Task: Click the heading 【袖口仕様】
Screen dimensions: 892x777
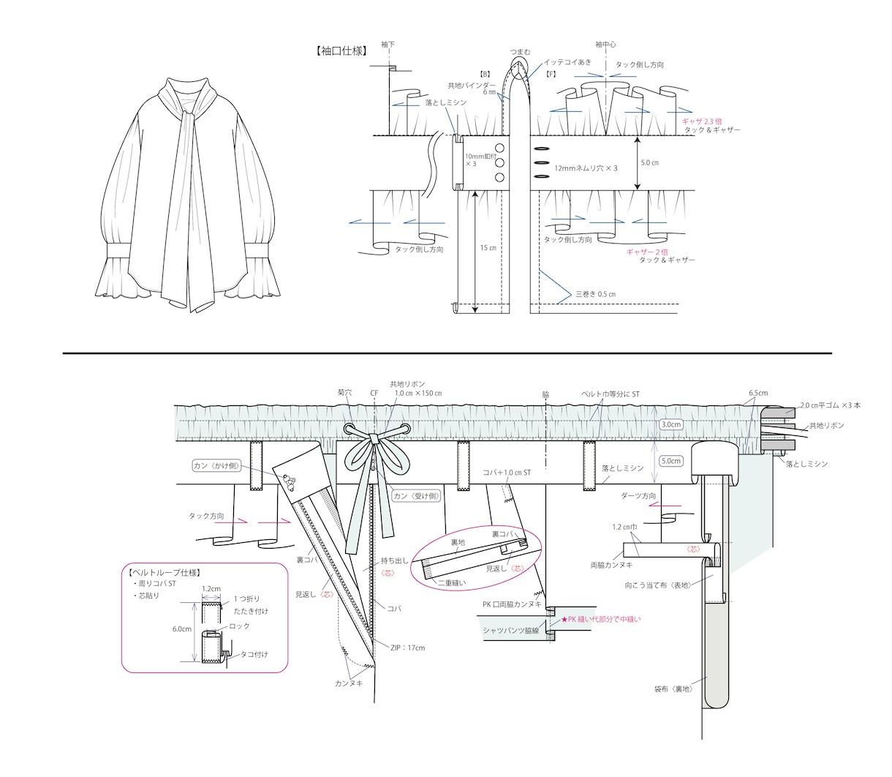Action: (341, 51)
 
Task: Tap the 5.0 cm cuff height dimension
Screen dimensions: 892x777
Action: (649, 162)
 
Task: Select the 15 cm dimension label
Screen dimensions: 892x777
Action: (488, 248)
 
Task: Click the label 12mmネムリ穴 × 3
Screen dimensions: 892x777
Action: (586, 168)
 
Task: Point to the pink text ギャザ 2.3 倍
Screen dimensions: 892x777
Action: (701, 121)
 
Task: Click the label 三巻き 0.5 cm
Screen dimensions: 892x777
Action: (596, 294)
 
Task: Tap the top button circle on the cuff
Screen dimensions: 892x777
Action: (499, 148)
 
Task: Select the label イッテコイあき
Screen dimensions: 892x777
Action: (567, 62)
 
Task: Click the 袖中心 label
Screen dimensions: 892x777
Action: (605, 45)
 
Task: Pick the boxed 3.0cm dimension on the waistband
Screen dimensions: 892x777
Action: (671, 424)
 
